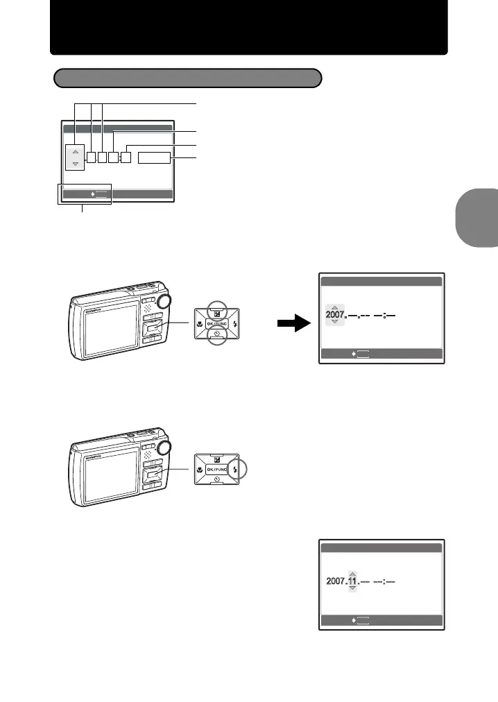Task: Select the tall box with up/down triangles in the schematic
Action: click(75, 157)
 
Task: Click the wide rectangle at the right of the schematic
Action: click(154, 158)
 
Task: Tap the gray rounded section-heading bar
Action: click(187, 78)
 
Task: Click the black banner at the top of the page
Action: click(248, 28)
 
